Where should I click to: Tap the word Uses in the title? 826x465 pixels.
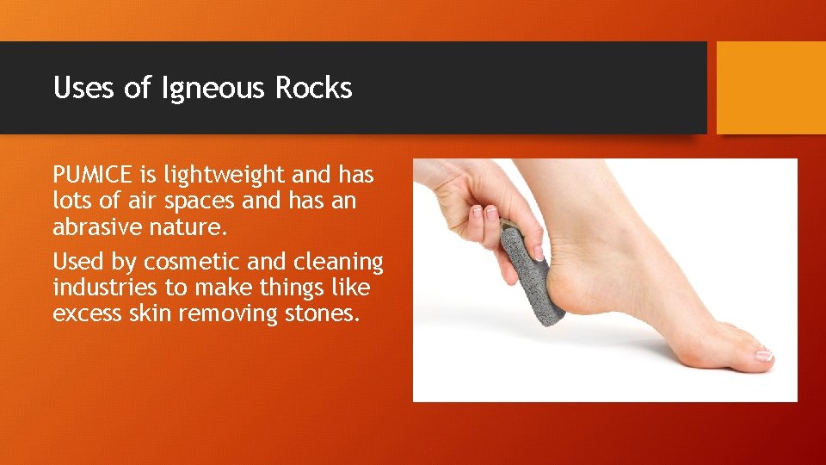[x=84, y=88]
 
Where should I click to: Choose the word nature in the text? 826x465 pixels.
[x=194, y=228]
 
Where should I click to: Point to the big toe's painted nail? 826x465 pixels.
[x=762, y=354]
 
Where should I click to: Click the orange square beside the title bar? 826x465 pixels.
[x=771, y=88]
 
